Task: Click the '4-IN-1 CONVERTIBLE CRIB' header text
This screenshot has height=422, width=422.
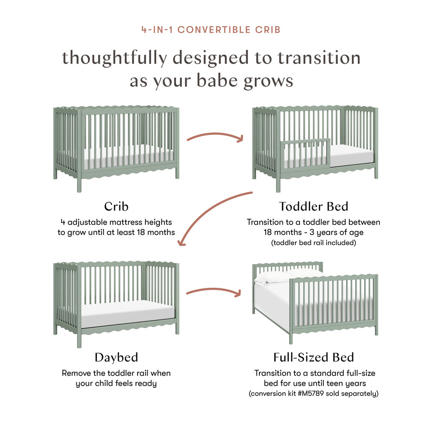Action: pyautogui.click(x=211, y=30)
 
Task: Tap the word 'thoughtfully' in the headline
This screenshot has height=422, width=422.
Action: pyautogui.click(x=114, y=58)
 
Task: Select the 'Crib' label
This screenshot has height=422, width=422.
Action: pyautogui.click(x=116, y=206)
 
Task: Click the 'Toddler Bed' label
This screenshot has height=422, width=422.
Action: pyautogui.click(x=313, y=206)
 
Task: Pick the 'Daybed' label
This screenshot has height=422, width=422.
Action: pyautogui.click(x=116, y=357)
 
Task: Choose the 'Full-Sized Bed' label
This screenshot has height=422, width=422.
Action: pyautogui.click(x=313, y=357)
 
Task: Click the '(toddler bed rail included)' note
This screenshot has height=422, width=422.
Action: pyautogui.click(x=313, y=243)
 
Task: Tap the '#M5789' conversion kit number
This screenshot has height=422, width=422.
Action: pyautogui.click(x=312, y=394)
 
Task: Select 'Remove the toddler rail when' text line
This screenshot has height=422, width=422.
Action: pyautogui.click(x=116, y=372)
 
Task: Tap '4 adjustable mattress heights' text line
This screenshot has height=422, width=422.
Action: pyautogui.click(x=116, y=222)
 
